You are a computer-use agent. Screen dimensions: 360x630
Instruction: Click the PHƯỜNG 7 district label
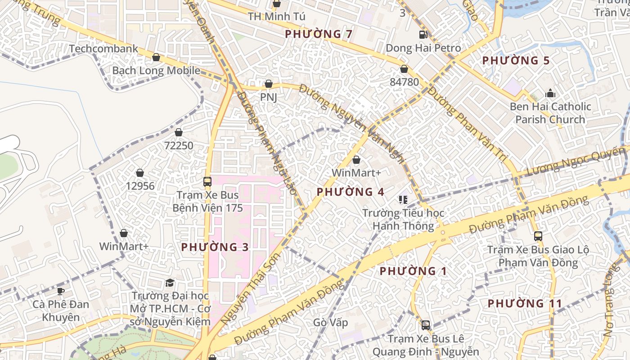pos(319,34)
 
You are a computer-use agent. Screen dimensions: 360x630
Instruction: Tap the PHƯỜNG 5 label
pos(516,60)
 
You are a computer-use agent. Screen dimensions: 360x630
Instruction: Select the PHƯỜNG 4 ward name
pos(350,192)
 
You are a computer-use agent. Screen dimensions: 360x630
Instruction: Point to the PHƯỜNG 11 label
pos(525,303)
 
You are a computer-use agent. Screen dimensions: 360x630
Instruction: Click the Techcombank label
pos(103,49)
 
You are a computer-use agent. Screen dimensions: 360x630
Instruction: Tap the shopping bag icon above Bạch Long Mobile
pos(156,57)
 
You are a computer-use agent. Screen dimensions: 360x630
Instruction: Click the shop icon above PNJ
pos(269,84)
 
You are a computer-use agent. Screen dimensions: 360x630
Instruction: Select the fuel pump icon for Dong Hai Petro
pos(423,34)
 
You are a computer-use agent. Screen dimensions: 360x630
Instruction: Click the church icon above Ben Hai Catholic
pos(550,94)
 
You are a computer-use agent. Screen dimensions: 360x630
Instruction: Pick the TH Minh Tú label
pos(277,17)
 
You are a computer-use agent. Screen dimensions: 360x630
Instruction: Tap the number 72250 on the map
pos(179,145)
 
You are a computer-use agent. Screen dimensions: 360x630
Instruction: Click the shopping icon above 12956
pos(140,173)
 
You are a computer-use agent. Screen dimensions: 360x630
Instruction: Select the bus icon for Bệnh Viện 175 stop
pos(207,182)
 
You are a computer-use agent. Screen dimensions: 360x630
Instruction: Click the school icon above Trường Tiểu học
pos(403,199)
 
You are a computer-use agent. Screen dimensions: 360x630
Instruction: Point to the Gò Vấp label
pos(331,323)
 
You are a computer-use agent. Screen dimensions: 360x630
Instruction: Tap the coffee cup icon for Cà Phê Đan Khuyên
pos(61,291)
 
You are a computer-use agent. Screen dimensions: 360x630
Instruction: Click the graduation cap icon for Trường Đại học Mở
pos(170,283)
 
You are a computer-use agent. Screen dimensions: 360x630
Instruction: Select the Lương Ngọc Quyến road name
pos(576,163)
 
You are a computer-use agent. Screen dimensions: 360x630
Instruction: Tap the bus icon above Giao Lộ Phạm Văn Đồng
pos(538,236)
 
